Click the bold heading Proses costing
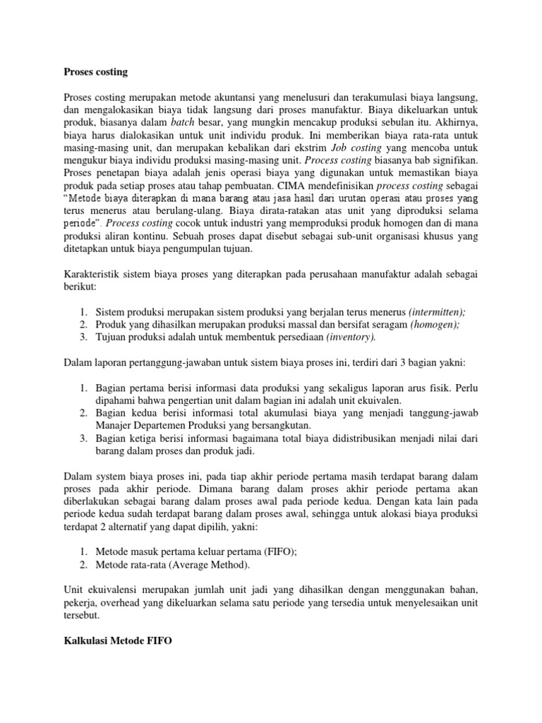tap(96, 72)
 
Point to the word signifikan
tap(454, 160)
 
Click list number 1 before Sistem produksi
tap(83, 312)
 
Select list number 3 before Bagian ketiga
tap(83, 438)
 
